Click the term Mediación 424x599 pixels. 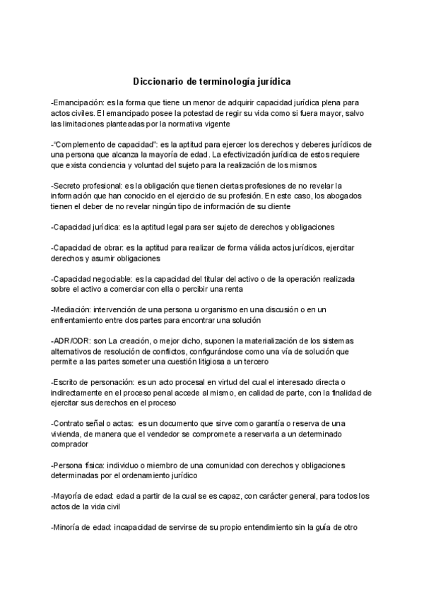[x=70, y=310]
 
